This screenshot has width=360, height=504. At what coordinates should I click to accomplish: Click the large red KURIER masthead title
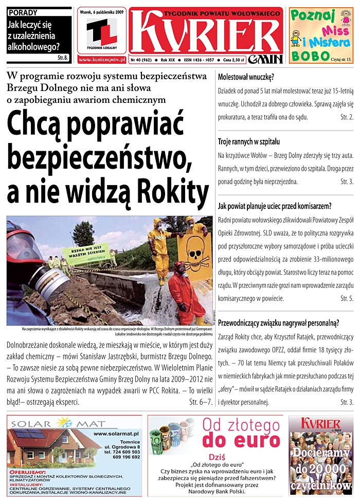pyautogui.click(x=206, y=30)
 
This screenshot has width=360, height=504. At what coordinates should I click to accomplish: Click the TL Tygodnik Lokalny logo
pyautogui.click(x=101, y=34)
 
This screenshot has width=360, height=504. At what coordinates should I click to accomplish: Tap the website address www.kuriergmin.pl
pyautogui.click(x=101, y=60)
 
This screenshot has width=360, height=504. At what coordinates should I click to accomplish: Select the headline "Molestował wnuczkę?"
pyautogui.click(x=246, y=78)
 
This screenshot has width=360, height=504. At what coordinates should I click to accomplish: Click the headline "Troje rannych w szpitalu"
pyautogui.click(x=249, y=141)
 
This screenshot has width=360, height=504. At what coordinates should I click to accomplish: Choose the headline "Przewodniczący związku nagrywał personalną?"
pyautogui.click(x=279, y=323)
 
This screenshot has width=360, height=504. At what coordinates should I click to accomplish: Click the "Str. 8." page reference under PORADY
pyautogui.click(x=63, y=57)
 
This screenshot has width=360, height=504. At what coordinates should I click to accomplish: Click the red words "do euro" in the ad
pyautogui.click(x=240, y=441)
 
